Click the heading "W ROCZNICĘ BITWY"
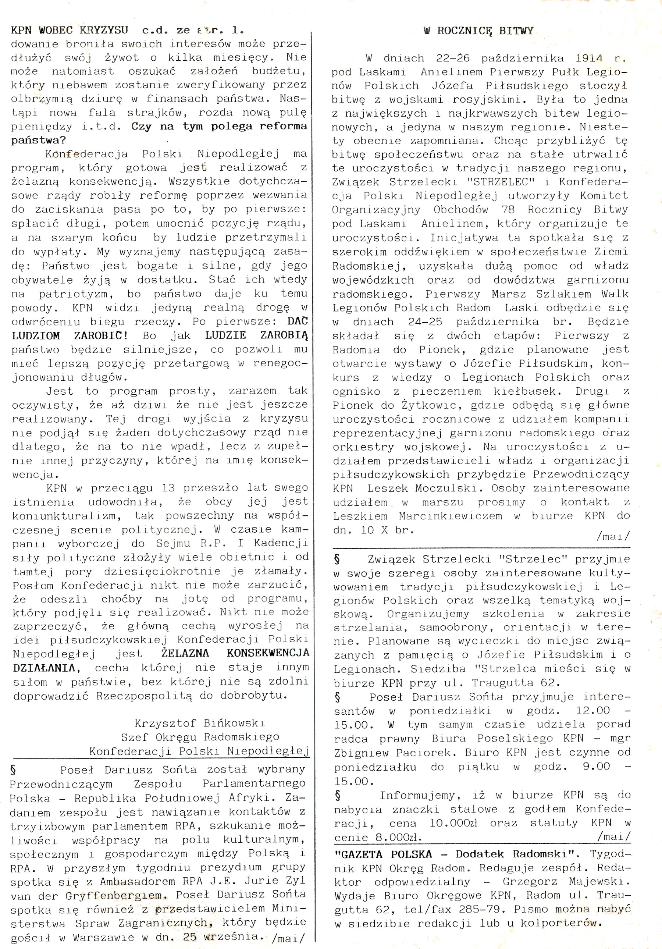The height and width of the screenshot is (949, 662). [x=478, y=31]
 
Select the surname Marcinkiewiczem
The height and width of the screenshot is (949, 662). [x=451, y=516]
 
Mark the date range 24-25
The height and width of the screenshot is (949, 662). [x=425, y=321]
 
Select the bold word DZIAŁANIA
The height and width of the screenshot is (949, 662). [x=44, y=668]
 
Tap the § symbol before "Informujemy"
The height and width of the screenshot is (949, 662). [x=338, y=795]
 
